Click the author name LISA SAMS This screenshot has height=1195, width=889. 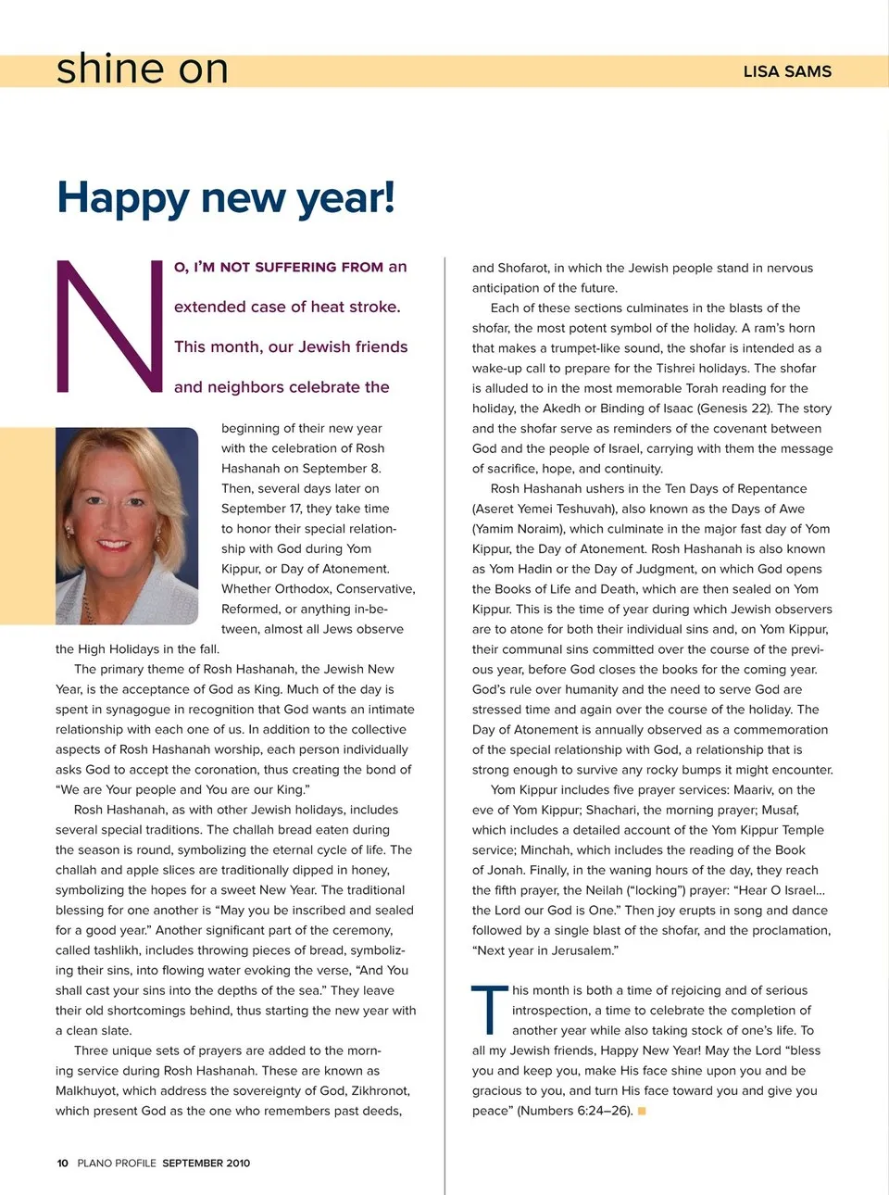[x=787, y=71]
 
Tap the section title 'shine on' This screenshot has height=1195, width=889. [x=142, y=69]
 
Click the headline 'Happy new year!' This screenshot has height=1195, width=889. [x=226, y=197]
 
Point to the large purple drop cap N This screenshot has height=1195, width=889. [x=109, y=326]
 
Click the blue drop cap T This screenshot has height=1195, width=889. [x=489, y=1009]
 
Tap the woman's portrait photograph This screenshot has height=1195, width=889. [x=127, y=525]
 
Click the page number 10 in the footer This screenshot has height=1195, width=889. [x=62, y=1163]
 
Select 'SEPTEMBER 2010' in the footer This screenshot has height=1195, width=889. [x=206, y=1163]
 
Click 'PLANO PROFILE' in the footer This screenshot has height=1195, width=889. [x=117, y=1163]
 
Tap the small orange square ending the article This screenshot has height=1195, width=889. [x=642, y=1111]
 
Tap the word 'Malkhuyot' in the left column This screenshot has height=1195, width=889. [x=87, y=1091]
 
